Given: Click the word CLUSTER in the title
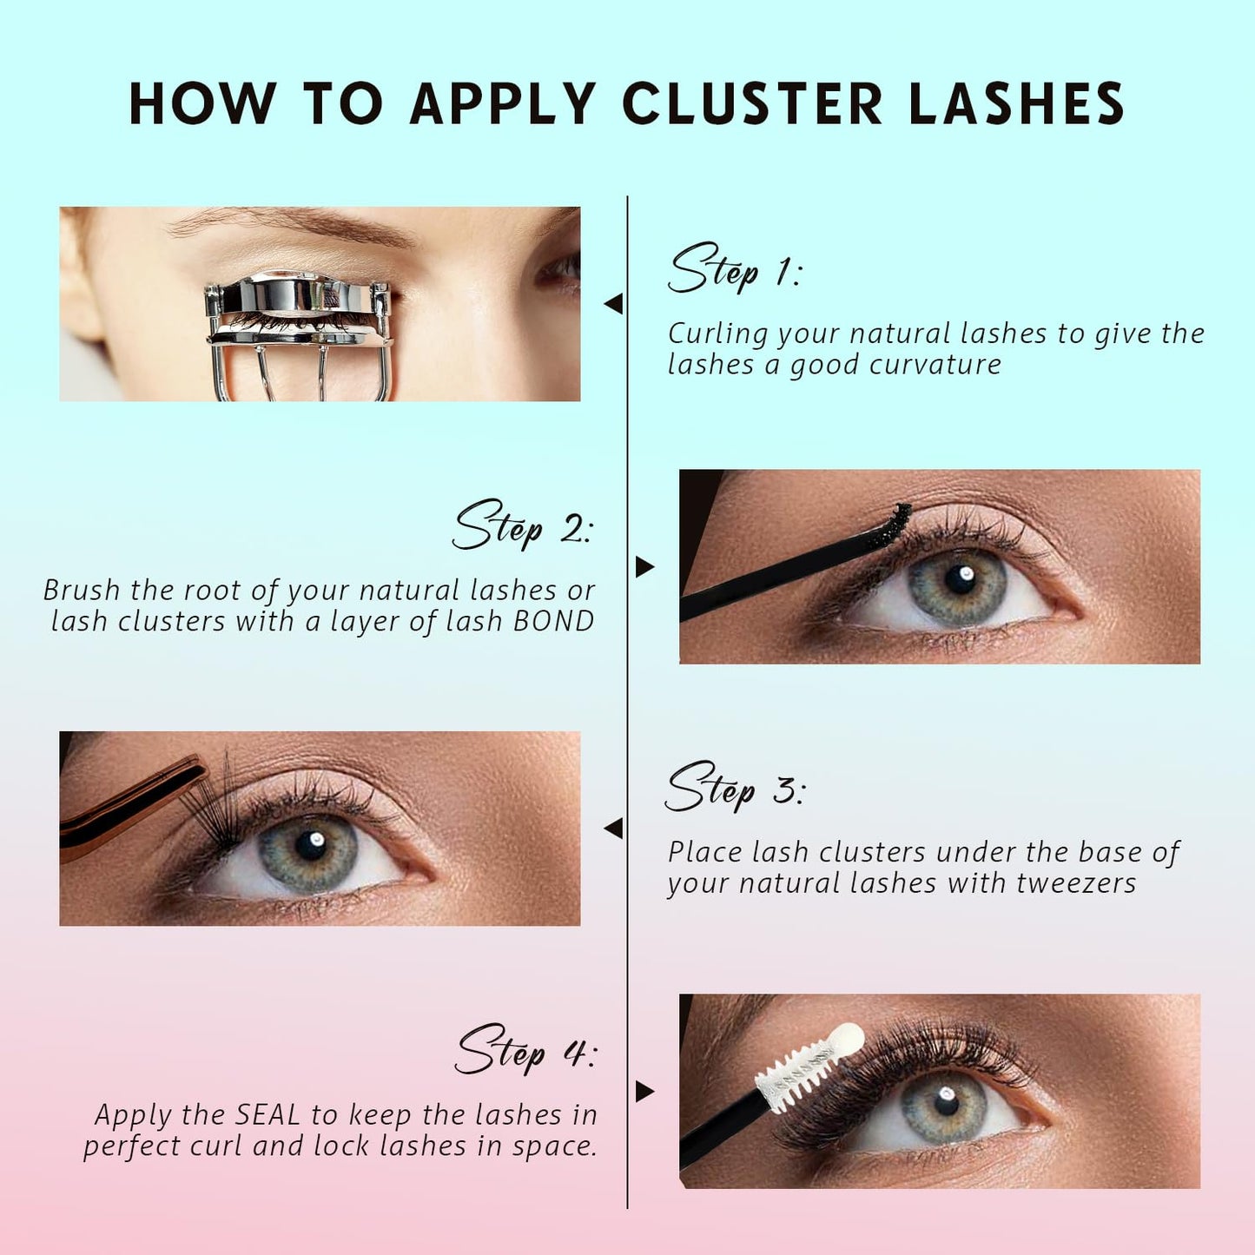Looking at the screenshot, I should [753, 104].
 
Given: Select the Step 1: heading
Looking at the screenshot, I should [735, 269].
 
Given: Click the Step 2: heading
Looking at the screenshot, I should [522, 526].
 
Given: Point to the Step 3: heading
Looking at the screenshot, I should [735, 789].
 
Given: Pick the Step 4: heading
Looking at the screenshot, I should [525, 1051].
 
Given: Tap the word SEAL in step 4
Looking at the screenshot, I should [268, 1114].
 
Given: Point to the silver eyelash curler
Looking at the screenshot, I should [299, 326].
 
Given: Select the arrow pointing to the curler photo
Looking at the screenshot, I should [613, 304].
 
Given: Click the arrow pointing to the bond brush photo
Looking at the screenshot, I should [644, 567].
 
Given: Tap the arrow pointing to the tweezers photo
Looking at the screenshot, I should [613, 829].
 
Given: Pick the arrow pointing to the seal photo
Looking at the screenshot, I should [644, 1092].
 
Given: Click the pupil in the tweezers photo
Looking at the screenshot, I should [309, 843].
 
